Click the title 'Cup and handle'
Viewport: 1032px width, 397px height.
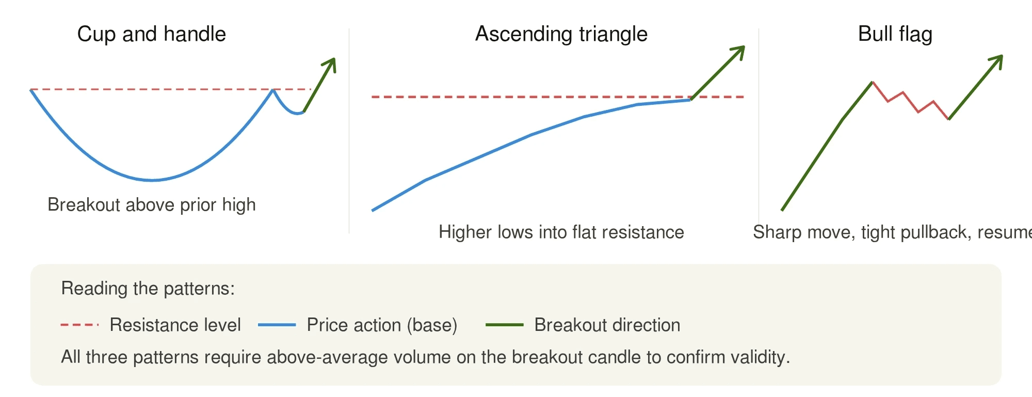tap(151, 34)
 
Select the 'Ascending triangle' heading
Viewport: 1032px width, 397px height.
tap(561, 34)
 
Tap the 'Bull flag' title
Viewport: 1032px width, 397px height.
tap(895, 34)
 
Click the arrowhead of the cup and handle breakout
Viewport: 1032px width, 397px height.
tap(332, 62)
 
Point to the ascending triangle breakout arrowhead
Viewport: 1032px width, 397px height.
tap(740, 50)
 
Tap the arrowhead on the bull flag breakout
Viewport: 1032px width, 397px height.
tap(998, 59)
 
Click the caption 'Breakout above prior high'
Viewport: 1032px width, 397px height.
tap(151, 205)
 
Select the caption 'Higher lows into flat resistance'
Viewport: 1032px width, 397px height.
tap(561, 232)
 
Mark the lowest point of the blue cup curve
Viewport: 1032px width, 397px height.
tap(152, 180)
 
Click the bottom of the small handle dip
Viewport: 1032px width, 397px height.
tap(298, 113)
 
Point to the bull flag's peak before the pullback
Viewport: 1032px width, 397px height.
tap(872, 82)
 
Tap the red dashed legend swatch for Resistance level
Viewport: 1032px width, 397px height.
tap(79, 325)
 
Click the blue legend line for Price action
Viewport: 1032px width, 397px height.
tap(277, 325)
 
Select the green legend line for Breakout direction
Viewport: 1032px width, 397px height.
tap(504, 325)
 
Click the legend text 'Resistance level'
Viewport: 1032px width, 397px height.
tap(175, 325)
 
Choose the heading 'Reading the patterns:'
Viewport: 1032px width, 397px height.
tap(148, 288)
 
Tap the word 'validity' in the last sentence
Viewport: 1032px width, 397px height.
tap(759, 357)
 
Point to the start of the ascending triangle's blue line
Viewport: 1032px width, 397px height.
tap(373, 210)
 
